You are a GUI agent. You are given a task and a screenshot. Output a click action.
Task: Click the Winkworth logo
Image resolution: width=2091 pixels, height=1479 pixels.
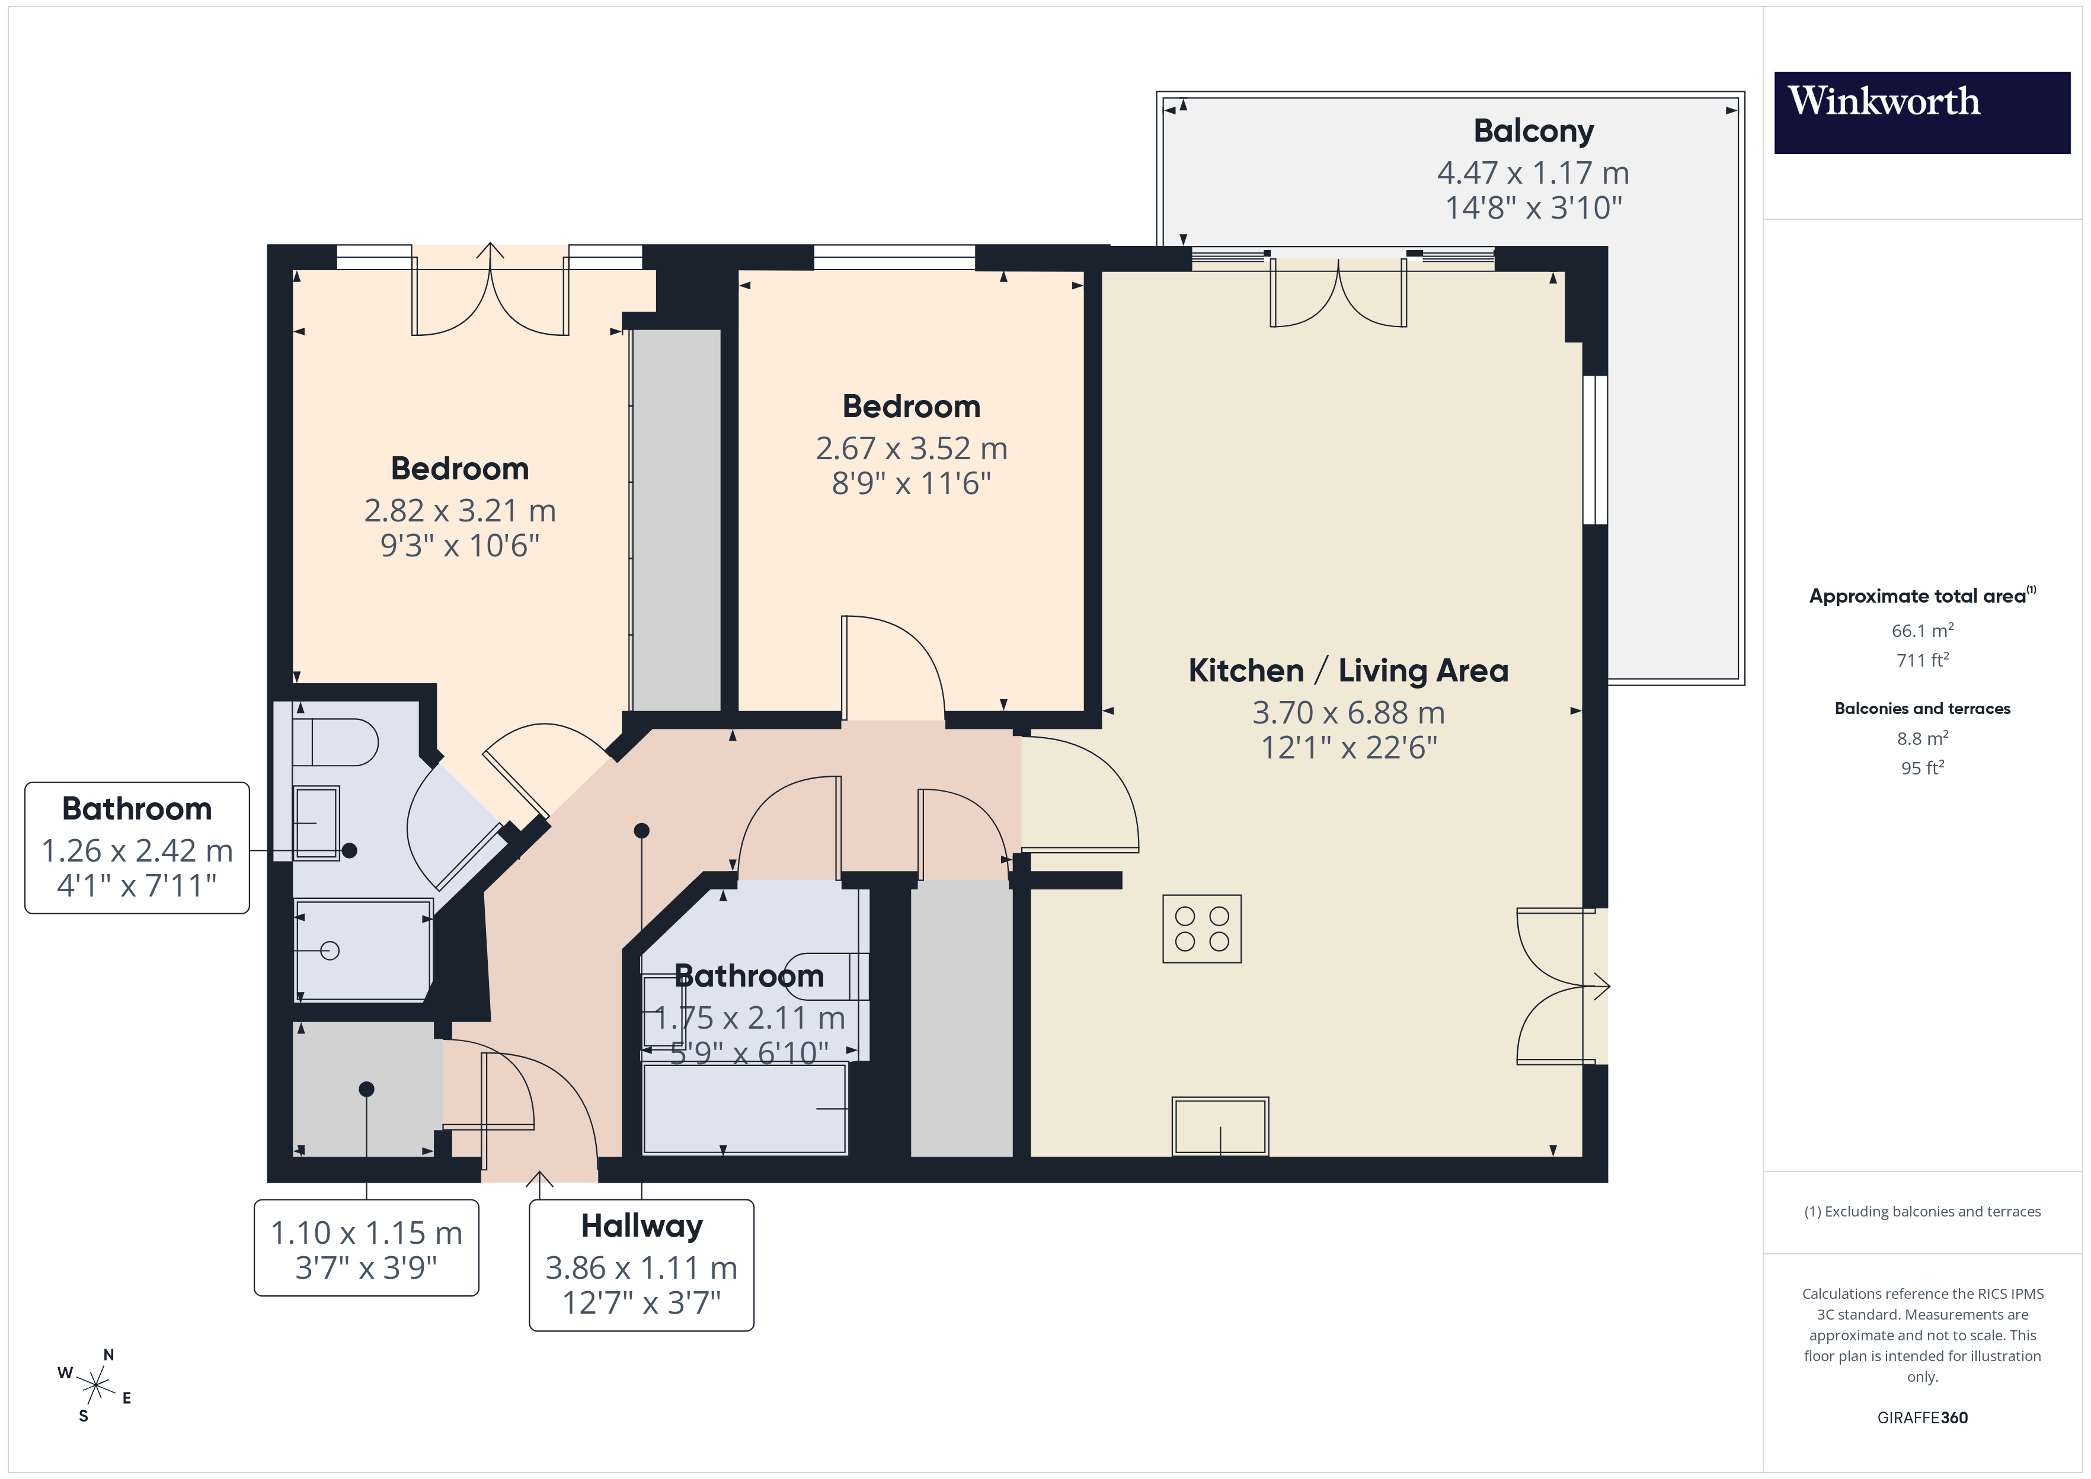coord(1921,112)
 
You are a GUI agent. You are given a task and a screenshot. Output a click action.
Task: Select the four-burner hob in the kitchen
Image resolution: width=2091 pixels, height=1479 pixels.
coord(1201,928)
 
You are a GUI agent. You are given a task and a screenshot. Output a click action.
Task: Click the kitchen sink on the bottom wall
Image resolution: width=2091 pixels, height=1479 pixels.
coord(1219,1126)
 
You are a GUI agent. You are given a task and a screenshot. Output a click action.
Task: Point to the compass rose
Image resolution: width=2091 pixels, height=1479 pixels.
coord(95,1385)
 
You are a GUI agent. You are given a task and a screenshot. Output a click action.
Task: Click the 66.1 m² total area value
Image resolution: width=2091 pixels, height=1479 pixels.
coord(1921,630)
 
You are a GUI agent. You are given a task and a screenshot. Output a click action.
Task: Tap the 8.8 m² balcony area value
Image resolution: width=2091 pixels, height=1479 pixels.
coord(1921,738)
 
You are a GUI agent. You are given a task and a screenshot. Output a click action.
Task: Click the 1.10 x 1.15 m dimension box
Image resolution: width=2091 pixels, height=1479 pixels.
coord(366,1248)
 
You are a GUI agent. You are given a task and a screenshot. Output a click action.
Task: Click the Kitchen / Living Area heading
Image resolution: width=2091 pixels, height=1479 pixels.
coord(1348,670)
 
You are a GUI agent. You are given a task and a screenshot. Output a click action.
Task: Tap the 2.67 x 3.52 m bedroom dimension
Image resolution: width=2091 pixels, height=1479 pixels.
coord(911,448)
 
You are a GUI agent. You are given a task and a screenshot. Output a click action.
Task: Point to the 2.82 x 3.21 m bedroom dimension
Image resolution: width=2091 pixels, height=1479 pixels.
coord(460,510)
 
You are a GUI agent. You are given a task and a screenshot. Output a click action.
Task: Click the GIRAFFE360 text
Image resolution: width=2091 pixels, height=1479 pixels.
coord(1921,1417)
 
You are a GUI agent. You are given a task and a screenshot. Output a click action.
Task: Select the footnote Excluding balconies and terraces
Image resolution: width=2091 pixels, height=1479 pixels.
coord(1921,1211)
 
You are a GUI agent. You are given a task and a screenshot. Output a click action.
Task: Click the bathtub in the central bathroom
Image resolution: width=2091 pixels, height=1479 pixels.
coord(744,1108)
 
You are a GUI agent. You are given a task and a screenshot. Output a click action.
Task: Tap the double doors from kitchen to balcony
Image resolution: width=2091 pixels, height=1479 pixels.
coord(1338,293)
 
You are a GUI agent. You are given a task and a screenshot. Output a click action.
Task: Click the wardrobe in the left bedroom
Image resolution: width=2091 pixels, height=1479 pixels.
coord(676,519)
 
